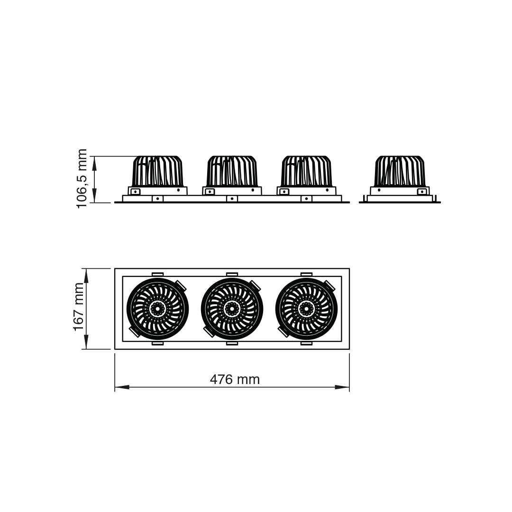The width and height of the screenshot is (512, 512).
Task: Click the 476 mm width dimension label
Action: click(x=235, y=379)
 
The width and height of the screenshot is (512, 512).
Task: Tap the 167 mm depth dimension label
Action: click(x=79, y=307)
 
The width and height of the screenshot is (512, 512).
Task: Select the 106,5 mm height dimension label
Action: click(x=82, y=179)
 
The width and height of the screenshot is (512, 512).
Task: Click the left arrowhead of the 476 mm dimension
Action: click(x=122, y=387)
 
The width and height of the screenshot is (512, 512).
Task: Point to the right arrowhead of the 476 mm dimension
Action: click(x=342, y=387)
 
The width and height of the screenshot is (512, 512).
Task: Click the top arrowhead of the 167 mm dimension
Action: click(x=86, y=275)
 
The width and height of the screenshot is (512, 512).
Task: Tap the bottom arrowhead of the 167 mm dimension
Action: click(x=86, y=342)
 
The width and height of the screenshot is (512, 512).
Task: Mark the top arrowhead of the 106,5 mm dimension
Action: click(x=95, y=163)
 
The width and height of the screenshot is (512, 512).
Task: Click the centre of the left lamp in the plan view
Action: click(x=157, y=309)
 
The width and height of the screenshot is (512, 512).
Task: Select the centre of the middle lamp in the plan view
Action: click(x=232, y=309)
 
